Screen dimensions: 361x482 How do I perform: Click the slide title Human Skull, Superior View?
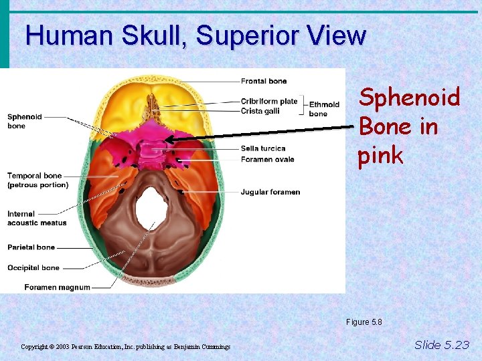[195, 35]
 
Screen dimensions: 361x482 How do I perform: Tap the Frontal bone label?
[264, 82]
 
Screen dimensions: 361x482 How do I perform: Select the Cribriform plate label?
[269, 102]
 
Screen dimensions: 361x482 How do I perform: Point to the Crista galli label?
[260, 111]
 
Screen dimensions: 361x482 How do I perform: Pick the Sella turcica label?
[263, 148]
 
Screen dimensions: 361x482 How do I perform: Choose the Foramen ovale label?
[267, 159]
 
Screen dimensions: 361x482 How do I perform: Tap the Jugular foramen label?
[270, 192]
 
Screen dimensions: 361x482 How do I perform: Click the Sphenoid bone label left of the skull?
[25, 121]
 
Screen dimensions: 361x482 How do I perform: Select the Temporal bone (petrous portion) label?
[37, 180]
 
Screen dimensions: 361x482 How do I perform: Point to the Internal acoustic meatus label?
[37, 219]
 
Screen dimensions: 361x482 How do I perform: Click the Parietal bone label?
[31, 247]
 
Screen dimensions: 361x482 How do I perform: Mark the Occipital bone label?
[33, 268]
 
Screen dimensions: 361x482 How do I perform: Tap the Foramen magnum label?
[57, 287]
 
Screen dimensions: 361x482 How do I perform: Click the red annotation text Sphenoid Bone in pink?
[409, 126]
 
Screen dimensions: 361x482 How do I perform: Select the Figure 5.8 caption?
[364, 322]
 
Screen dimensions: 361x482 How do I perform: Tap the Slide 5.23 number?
[442, 345]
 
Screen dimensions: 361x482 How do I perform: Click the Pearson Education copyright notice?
[125, 347]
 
